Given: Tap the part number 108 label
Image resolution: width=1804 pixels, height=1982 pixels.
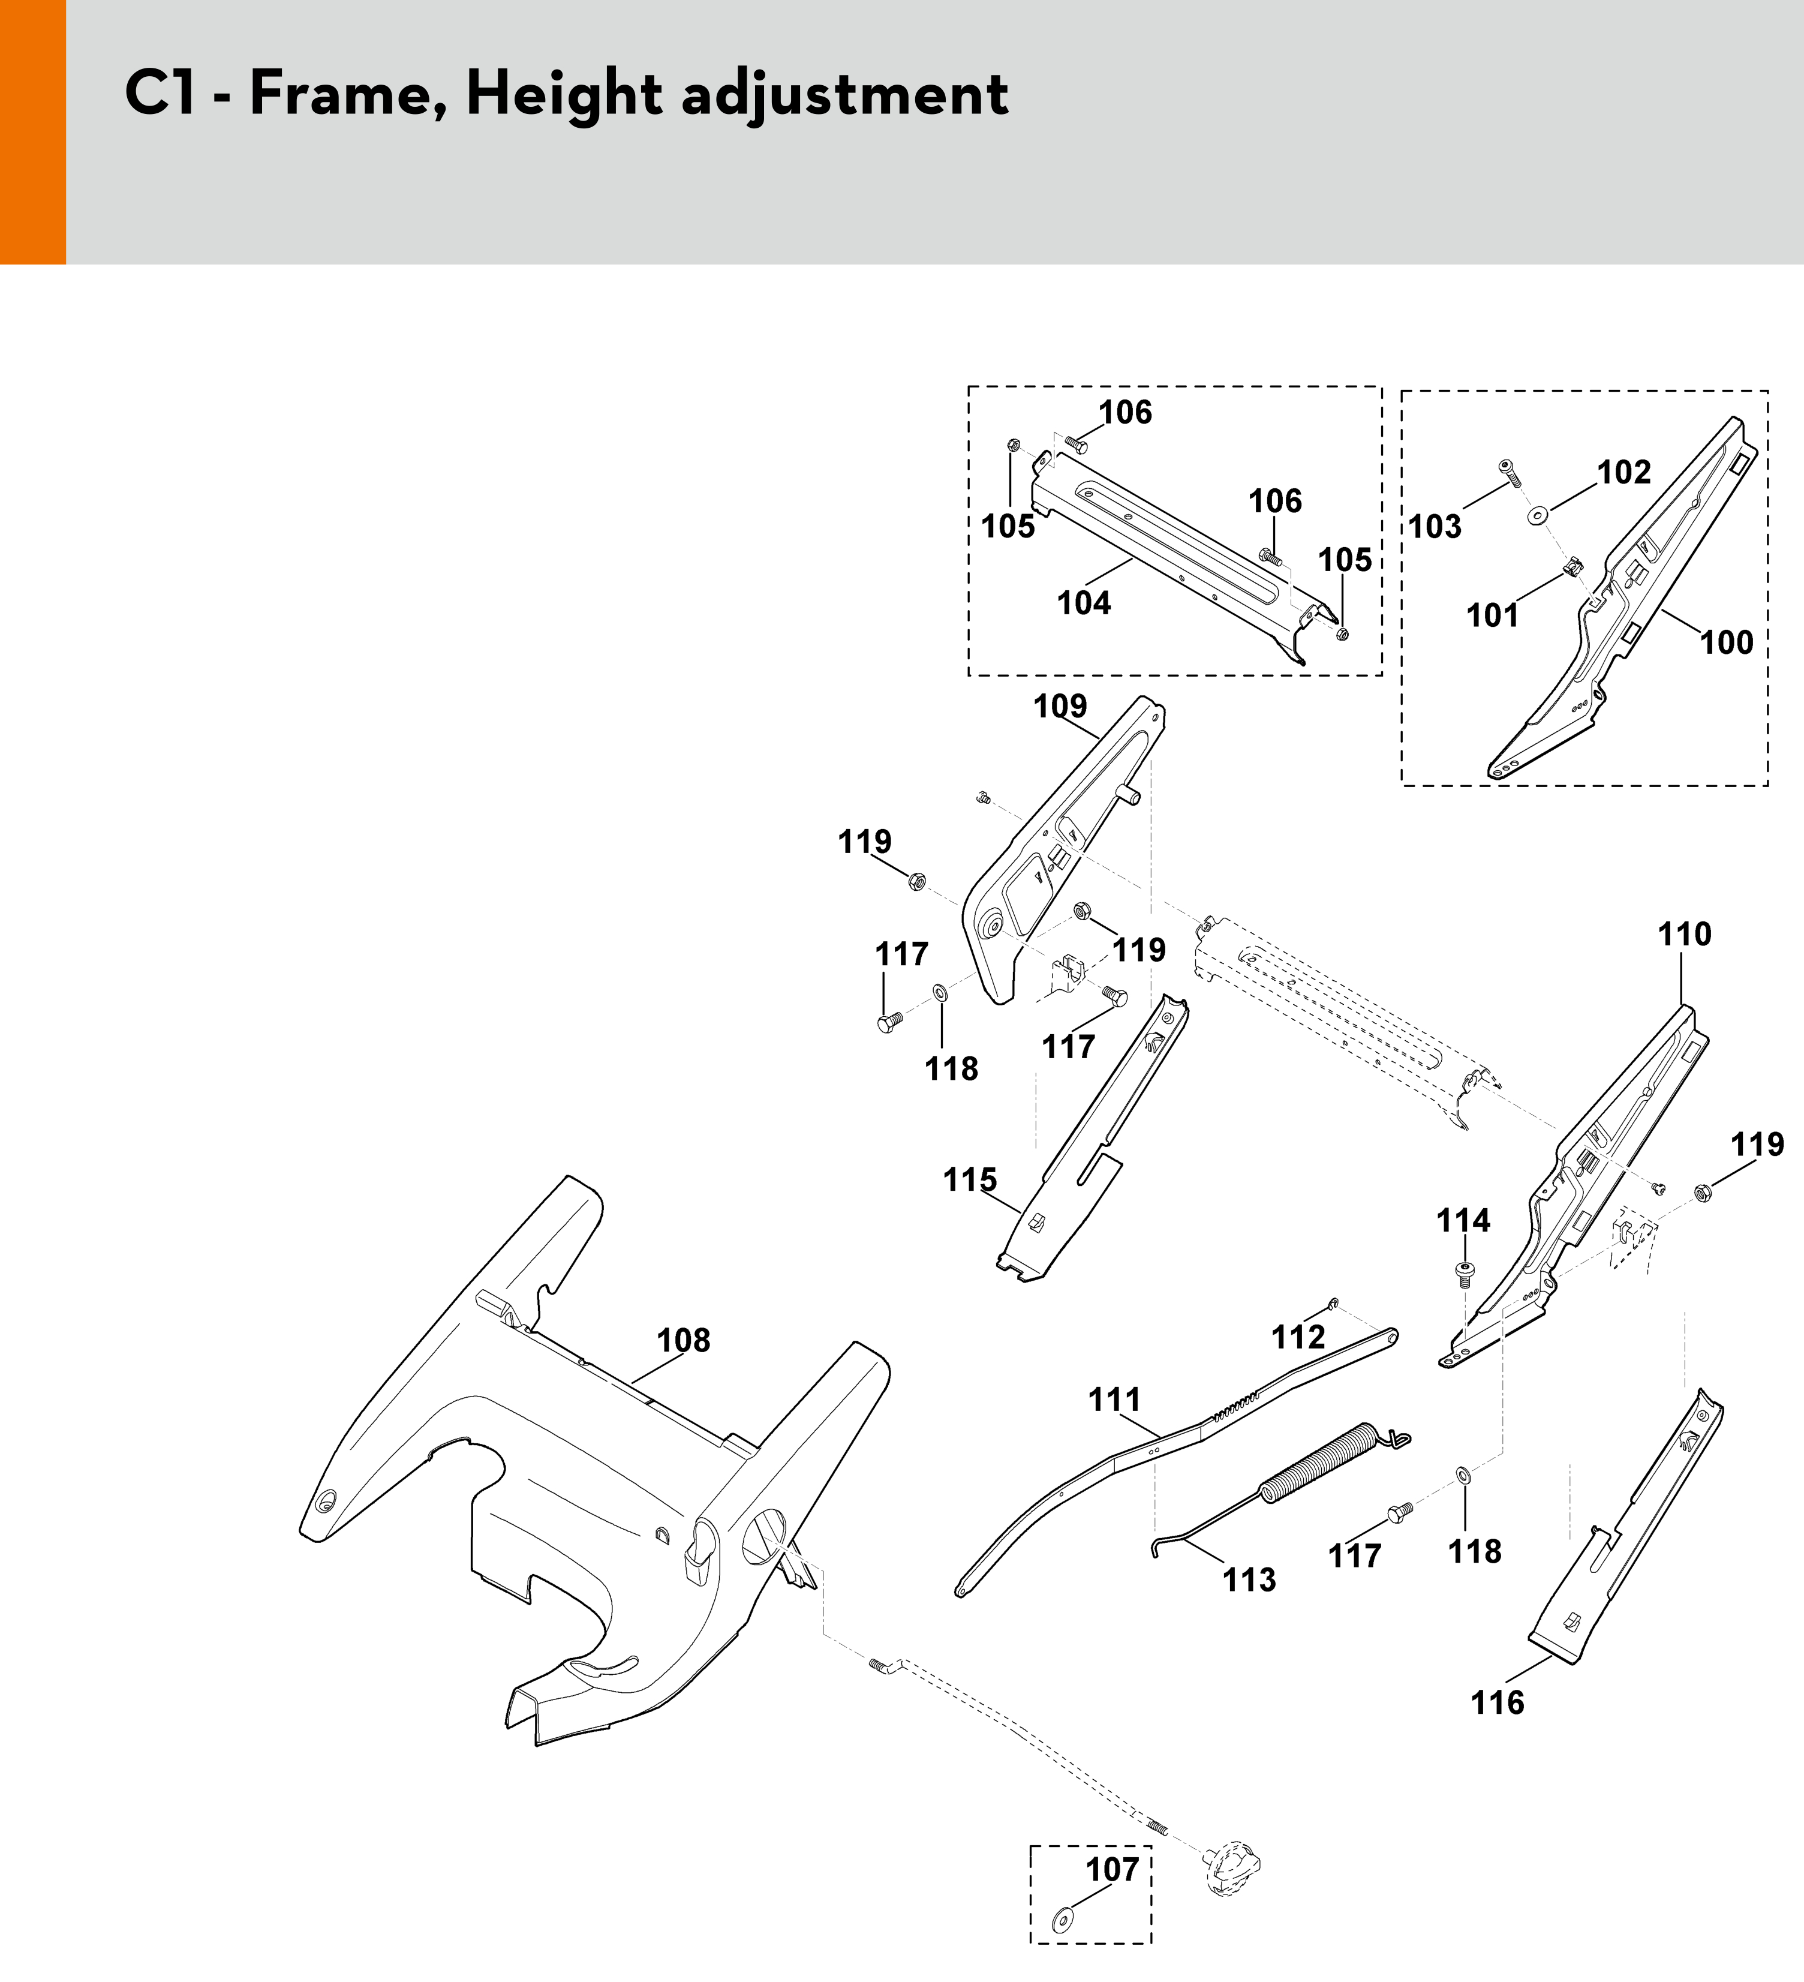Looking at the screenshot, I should point(683,1340).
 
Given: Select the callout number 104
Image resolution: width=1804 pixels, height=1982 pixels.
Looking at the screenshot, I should point(1083,603).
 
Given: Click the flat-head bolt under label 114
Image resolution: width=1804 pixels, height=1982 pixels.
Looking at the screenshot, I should point(1464,1274).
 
